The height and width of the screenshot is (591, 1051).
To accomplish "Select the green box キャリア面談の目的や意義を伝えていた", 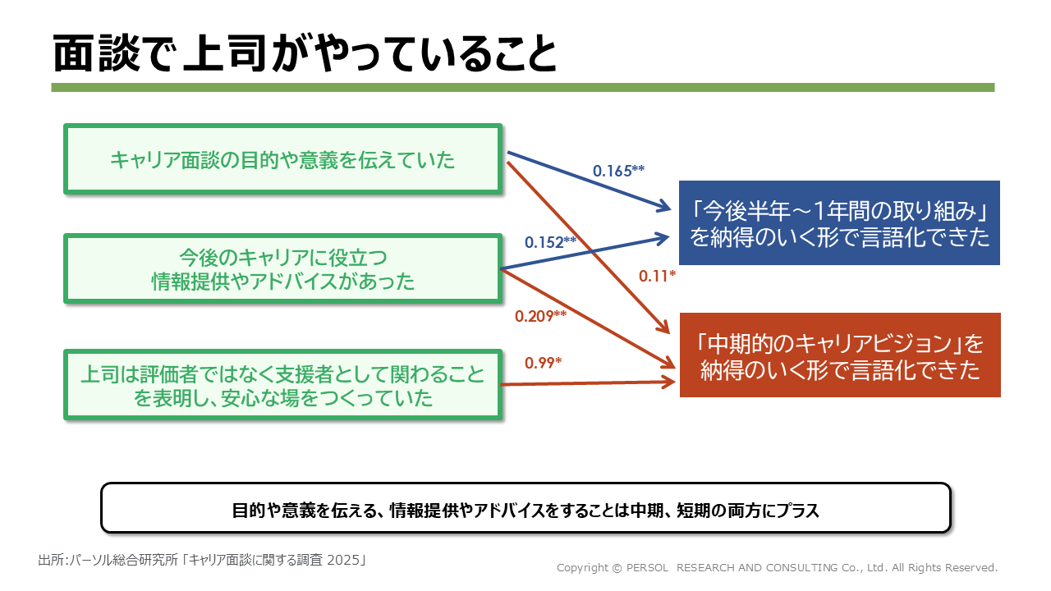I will [282, 159].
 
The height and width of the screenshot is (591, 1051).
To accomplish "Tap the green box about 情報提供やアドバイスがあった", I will [282, 268].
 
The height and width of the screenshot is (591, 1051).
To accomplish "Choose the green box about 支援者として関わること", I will [282, 385].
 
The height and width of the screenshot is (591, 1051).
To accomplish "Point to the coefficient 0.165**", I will [618, 171].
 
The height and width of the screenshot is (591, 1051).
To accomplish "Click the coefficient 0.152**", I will [550, 242].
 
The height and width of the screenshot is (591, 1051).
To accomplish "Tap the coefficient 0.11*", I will [657, 277].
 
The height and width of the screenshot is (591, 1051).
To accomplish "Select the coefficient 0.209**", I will [540, 315].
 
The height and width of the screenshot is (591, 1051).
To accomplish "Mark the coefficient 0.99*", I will [543, 362].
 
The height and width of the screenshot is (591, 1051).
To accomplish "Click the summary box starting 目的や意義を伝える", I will [525, 508].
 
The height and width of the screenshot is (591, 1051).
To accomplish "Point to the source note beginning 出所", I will [201, 561].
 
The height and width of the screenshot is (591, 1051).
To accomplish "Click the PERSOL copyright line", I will [777, 567].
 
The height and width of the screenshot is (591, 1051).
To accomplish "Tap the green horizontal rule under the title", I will [522, 87].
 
